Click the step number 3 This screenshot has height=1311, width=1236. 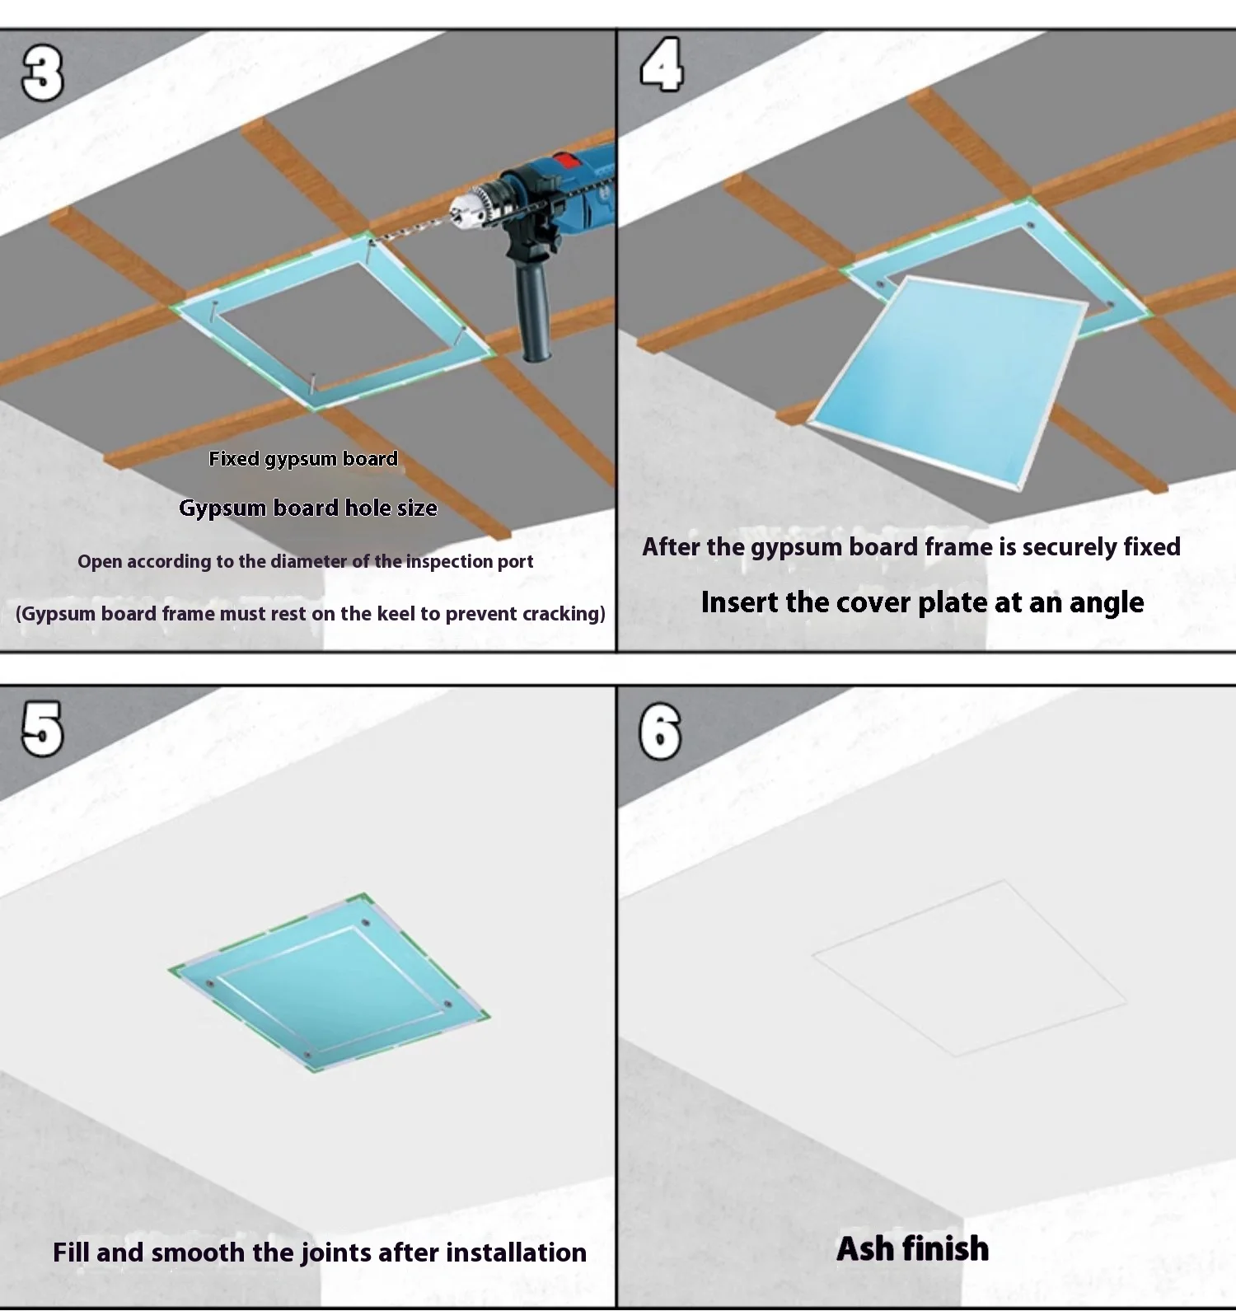(42, 73)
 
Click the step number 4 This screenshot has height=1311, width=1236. (662, 64)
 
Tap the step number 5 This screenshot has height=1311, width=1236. (42, 729)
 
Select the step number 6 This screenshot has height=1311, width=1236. (660, 732)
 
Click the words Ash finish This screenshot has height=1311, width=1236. (913, 1249)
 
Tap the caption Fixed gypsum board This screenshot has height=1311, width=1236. (303, 459)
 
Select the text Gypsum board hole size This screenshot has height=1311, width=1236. (308, 508)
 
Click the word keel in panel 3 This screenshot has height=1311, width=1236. (396, 614)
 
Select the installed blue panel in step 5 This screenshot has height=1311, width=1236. (330, 982)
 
